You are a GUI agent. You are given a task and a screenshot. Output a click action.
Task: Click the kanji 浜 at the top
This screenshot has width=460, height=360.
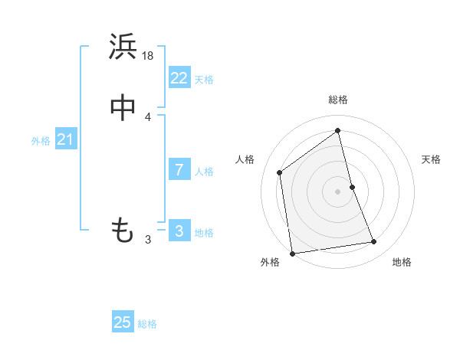point(123,47)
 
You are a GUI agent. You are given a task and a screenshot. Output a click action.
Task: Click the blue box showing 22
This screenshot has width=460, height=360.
point(179,78)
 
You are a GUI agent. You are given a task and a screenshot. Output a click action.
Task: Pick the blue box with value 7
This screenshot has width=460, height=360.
point(179,170)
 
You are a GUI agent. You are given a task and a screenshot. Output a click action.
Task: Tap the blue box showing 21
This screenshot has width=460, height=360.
point(65,139)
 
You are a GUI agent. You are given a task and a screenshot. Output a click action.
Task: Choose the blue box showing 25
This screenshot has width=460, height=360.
point(123,322)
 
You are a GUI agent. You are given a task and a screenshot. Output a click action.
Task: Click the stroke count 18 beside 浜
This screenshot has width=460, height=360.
point(149,56)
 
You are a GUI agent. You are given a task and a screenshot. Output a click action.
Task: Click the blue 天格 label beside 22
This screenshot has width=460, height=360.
point(204,80)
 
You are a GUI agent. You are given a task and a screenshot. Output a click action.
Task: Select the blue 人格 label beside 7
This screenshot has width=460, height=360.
point(204,172)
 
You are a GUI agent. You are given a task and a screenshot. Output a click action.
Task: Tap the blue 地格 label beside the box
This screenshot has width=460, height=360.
point(204,233)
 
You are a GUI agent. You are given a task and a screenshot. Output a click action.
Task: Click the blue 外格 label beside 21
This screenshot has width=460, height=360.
point(41,141)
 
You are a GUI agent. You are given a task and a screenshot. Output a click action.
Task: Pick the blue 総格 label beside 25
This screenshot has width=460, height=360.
point(147,324)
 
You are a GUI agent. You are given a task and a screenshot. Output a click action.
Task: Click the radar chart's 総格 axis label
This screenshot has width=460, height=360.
point(338,100)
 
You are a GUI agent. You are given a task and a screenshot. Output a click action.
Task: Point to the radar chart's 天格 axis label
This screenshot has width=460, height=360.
point(431,159)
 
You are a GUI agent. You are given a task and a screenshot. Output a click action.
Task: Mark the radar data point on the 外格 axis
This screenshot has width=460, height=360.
point(291,253)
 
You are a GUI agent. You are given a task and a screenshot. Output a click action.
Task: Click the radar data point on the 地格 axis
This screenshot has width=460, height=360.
point(374,242)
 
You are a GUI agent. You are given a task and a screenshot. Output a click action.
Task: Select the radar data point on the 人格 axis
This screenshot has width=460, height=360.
point(280,172)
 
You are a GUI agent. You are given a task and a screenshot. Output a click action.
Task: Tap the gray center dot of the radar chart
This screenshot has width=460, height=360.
point(338,191)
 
